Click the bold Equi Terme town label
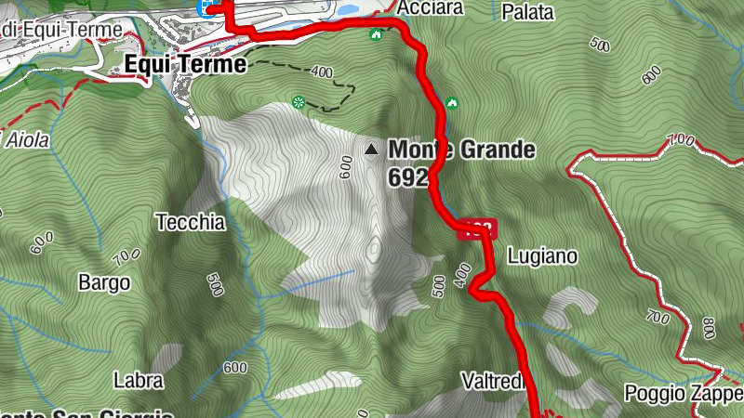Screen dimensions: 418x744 tap(185, 65)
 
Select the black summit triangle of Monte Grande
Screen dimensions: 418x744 tap(372, 149)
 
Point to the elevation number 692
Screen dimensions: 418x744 tap(409, 177)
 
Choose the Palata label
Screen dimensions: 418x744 tap(527, 12)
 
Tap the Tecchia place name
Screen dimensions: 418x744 tap(191, 222)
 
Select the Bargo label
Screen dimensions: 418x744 tap(104, 282)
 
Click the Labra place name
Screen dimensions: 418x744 tap(138, 380)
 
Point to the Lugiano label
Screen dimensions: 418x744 tap(543, 255)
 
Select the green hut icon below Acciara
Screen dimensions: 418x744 tap(376, 35)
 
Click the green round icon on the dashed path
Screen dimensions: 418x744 tap(299, 102)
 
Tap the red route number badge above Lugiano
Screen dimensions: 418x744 tap(478, 229)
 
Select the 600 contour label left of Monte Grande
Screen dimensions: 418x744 tap(345, 167)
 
